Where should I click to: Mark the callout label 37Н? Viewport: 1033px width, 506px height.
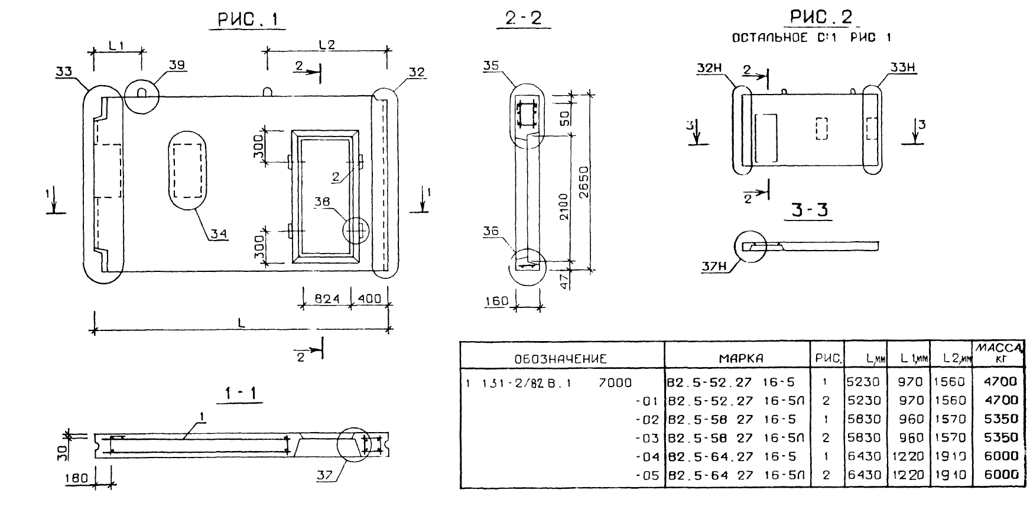coord(713,267)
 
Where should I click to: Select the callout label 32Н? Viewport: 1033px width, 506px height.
coord(710,69)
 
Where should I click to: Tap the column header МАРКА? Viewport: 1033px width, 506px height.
coord(741,358)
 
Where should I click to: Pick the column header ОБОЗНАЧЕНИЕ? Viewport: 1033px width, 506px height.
coord(560,358)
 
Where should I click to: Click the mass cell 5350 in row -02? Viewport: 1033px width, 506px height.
coord(1001,419)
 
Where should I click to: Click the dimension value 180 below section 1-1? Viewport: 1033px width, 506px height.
coord(77,478)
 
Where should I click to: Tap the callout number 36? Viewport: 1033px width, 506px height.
coord(492,232)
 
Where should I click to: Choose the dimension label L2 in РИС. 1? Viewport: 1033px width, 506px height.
coord(327,44)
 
